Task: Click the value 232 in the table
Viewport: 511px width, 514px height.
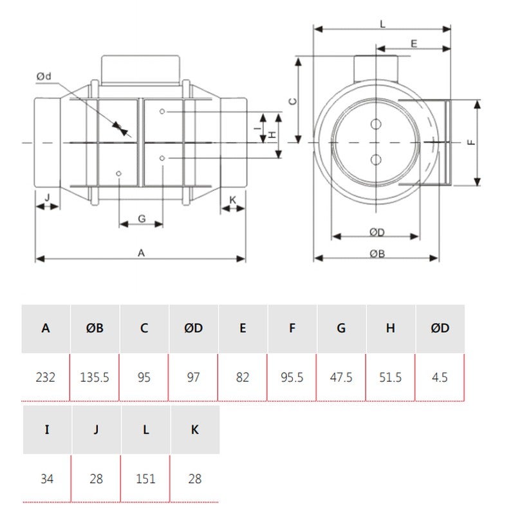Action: (46, 377)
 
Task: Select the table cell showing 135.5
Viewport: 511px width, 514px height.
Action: (95, 377)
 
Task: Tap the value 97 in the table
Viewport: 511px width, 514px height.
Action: (194, 377)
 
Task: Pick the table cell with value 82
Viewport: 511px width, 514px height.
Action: (243, 377)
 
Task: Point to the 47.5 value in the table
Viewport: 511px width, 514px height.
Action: (341, 377)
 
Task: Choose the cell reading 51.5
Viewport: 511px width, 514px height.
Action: (391, 377)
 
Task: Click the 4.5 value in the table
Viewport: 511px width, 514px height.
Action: (440, 377)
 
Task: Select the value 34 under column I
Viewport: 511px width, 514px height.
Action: (47, 479)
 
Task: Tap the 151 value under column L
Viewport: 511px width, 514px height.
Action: (145, 479)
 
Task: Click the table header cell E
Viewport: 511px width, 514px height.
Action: (243, 328)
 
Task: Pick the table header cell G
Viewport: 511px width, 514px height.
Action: (341, 328)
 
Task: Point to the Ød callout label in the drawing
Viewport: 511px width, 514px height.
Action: (44, 77)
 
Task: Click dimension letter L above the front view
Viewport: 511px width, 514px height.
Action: (382, 24)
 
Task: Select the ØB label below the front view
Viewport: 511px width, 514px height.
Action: (377, 253)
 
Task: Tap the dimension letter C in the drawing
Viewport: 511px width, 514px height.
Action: (292, 101)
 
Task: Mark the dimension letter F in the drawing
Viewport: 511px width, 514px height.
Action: (472, 143)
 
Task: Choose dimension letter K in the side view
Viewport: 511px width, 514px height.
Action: (233, 200)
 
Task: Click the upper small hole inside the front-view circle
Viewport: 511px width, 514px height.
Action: (376, 124)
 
